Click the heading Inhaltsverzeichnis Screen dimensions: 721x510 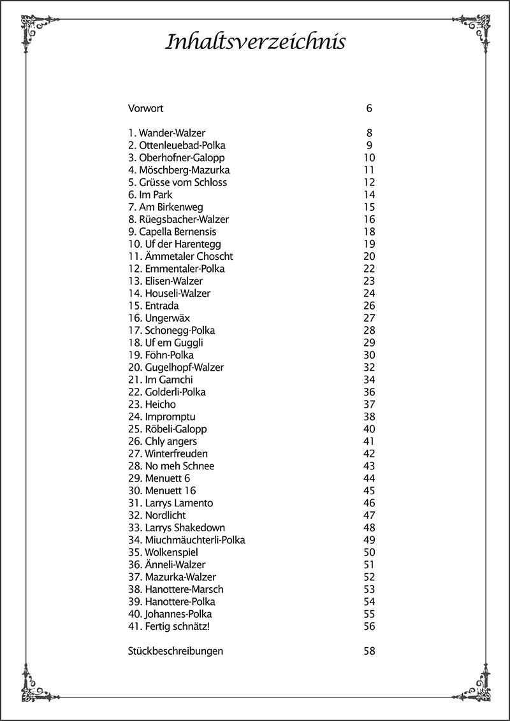point(255,43)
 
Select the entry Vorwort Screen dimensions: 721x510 point(146,108)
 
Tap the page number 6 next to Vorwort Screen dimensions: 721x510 point(369,108)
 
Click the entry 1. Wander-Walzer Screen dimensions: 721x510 point(167,133)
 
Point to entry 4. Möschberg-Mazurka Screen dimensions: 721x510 point(179,170)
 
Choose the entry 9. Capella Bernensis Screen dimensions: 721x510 point(172,232)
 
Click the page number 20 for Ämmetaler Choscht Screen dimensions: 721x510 point(369,256)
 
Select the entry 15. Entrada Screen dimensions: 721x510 point(154,306)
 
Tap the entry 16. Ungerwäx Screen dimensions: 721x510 point(159,318)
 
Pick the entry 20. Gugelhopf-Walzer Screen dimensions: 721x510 point(176,368)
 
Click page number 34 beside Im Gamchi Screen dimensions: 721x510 point(369,380)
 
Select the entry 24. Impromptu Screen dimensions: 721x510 point(162,417)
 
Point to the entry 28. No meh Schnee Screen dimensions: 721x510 point(171,466)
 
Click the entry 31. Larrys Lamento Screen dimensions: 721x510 point(171,503)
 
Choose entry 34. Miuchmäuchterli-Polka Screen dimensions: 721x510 point(187,540)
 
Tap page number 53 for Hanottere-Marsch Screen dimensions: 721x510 point(369,590)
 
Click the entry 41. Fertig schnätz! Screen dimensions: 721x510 point(170,627)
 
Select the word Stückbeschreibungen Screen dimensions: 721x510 point(176,651)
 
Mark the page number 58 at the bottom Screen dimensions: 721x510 point(369,651)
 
